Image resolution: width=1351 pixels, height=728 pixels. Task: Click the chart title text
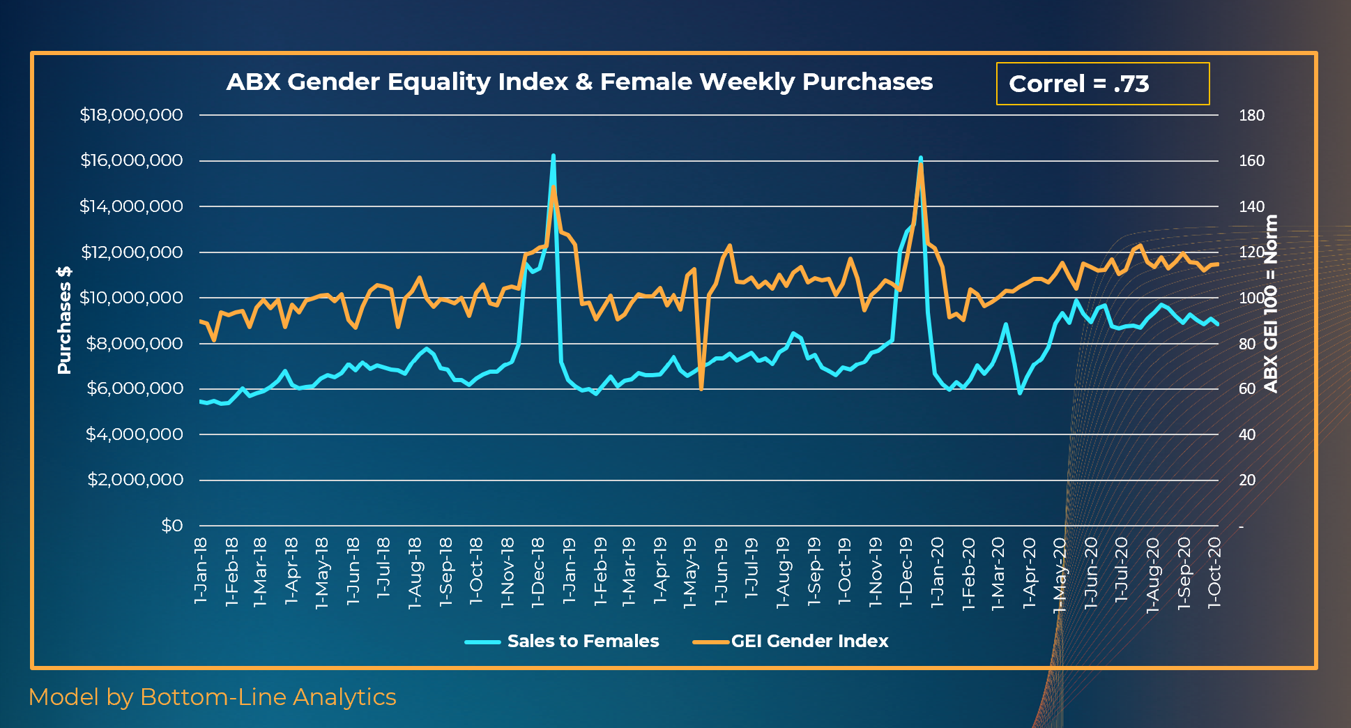click(x=579, y=82)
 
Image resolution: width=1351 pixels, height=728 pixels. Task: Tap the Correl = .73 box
click(x=1102, y=84)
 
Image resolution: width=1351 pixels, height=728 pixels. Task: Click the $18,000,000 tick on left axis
click(x=131, y=115)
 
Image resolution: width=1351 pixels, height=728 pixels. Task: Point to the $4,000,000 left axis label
click(x=134, y=434)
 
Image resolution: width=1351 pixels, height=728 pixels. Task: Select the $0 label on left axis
click(x=171, y=526)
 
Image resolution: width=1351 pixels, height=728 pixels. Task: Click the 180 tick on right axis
click(x=1251, y=116)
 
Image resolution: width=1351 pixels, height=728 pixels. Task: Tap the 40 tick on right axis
click(x=1246, y=435)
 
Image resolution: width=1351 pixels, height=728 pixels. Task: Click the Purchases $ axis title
click(x=64, y=320)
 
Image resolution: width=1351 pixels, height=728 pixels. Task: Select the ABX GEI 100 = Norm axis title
click(x=1271, y=304)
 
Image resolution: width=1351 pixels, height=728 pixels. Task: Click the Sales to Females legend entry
click(x=563, y=642)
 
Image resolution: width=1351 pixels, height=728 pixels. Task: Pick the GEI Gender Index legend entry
click(x=791, y=642)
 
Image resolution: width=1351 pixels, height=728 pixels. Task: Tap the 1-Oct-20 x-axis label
click(x=1214, y=572)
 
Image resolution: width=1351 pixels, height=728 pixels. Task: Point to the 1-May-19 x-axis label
click(x=689, y=572)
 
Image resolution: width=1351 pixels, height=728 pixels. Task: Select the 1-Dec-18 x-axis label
click(x=537, y=572)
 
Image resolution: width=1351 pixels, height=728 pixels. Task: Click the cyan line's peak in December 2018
click(x=553, y=156)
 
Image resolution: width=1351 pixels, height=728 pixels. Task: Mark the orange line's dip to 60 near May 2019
click(x=701, y=388)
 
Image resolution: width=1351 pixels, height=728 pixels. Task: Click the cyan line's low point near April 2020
click(x=1020, y=393)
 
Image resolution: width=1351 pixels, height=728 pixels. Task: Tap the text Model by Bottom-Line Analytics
click(x=213, y=697)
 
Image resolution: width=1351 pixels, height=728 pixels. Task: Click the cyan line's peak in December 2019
click(x=920, y=158)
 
